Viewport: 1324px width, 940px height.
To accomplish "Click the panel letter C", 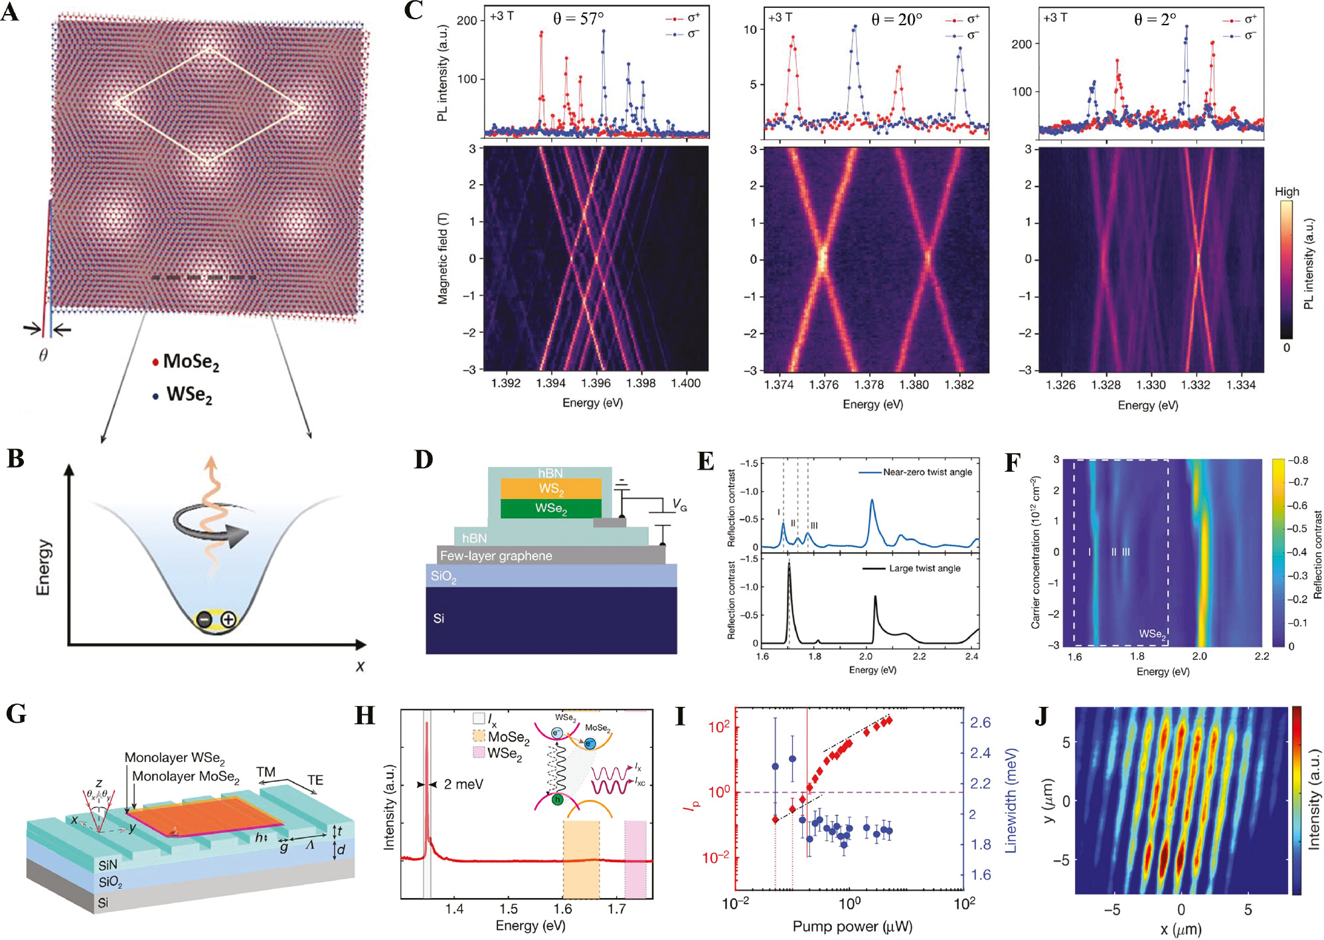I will coord(413,12).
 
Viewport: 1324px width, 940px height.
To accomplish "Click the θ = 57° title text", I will coord(578,18).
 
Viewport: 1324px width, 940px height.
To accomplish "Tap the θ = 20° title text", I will coord(896,20).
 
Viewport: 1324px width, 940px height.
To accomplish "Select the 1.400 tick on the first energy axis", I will coord(685,383).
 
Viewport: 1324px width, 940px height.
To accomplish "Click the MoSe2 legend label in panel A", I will coord(191,362).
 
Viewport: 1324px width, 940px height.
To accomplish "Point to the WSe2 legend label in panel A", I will coord(189,395).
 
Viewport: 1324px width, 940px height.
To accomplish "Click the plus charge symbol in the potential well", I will coord(228,620).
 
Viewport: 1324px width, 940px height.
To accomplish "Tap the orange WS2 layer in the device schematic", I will coord(551,489).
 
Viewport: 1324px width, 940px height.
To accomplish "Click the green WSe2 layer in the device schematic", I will coord(551,509).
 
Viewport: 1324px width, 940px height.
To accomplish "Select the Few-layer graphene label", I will coord(496,556).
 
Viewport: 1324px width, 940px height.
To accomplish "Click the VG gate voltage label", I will coord(679,506).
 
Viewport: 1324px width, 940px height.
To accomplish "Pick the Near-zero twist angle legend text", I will coord(927,472).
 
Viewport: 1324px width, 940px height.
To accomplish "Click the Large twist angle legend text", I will coord(924,569).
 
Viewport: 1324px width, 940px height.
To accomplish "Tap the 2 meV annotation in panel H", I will coord(463,785).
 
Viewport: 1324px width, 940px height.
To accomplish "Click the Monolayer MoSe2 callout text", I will coord(185,777).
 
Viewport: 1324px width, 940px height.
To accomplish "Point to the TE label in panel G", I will coord(315,780).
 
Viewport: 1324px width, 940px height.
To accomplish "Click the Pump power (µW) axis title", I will coord(852,927).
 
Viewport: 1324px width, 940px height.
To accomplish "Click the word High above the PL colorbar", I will coord(1286,192).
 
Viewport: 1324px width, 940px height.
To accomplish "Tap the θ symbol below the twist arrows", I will coord(43,355).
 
